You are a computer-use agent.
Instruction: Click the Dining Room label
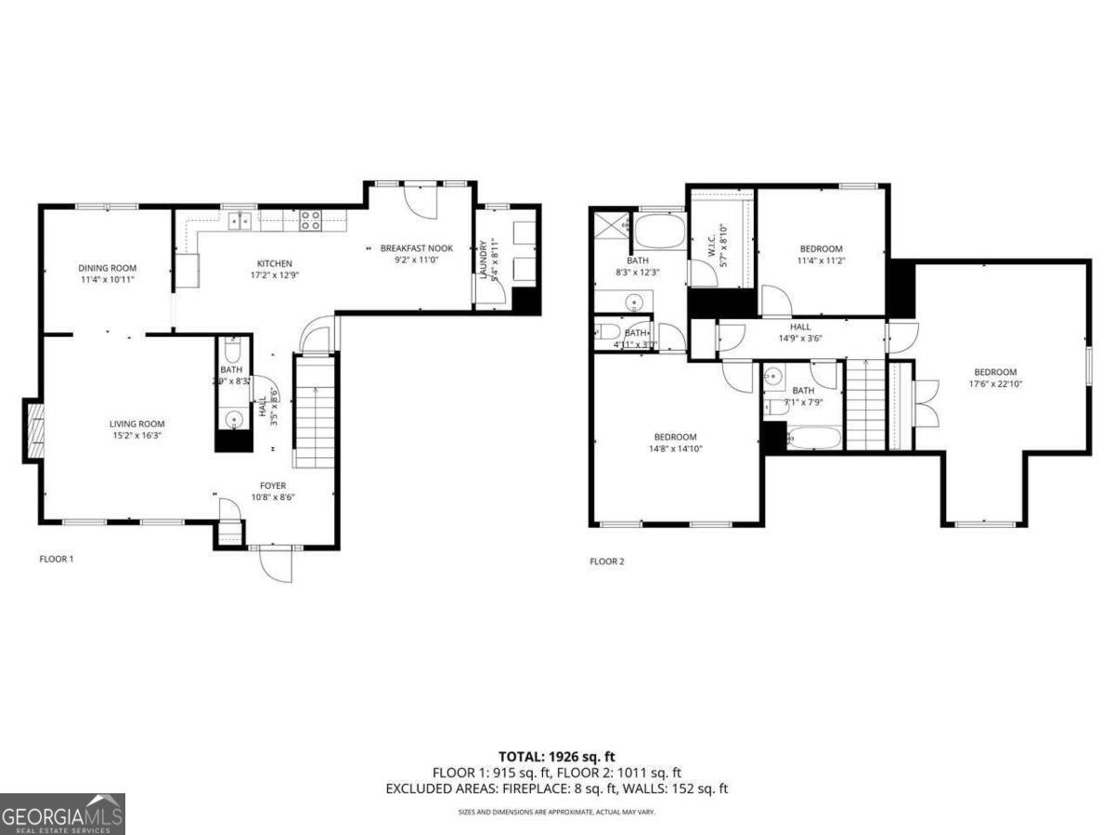point(108,268)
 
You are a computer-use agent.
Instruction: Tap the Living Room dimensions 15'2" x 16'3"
point(137,436)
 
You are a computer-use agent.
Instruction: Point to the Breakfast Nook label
point(417,249)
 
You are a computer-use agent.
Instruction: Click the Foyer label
point(273,485)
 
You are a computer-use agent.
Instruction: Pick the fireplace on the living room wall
point(33,430)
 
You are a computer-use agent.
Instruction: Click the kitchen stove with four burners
point(311,220)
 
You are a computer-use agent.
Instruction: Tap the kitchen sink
point(240,220)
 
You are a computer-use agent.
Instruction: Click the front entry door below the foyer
point(276,562)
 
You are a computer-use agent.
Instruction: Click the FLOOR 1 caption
point(56,559)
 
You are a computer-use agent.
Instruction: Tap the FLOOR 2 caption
point(607,561)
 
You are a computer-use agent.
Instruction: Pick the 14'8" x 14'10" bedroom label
point(675,437)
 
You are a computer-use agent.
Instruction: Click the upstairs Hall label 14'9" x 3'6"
point(800,327)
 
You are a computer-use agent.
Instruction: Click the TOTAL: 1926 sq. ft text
point(557,756)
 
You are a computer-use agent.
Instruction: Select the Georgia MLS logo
point(62,814)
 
